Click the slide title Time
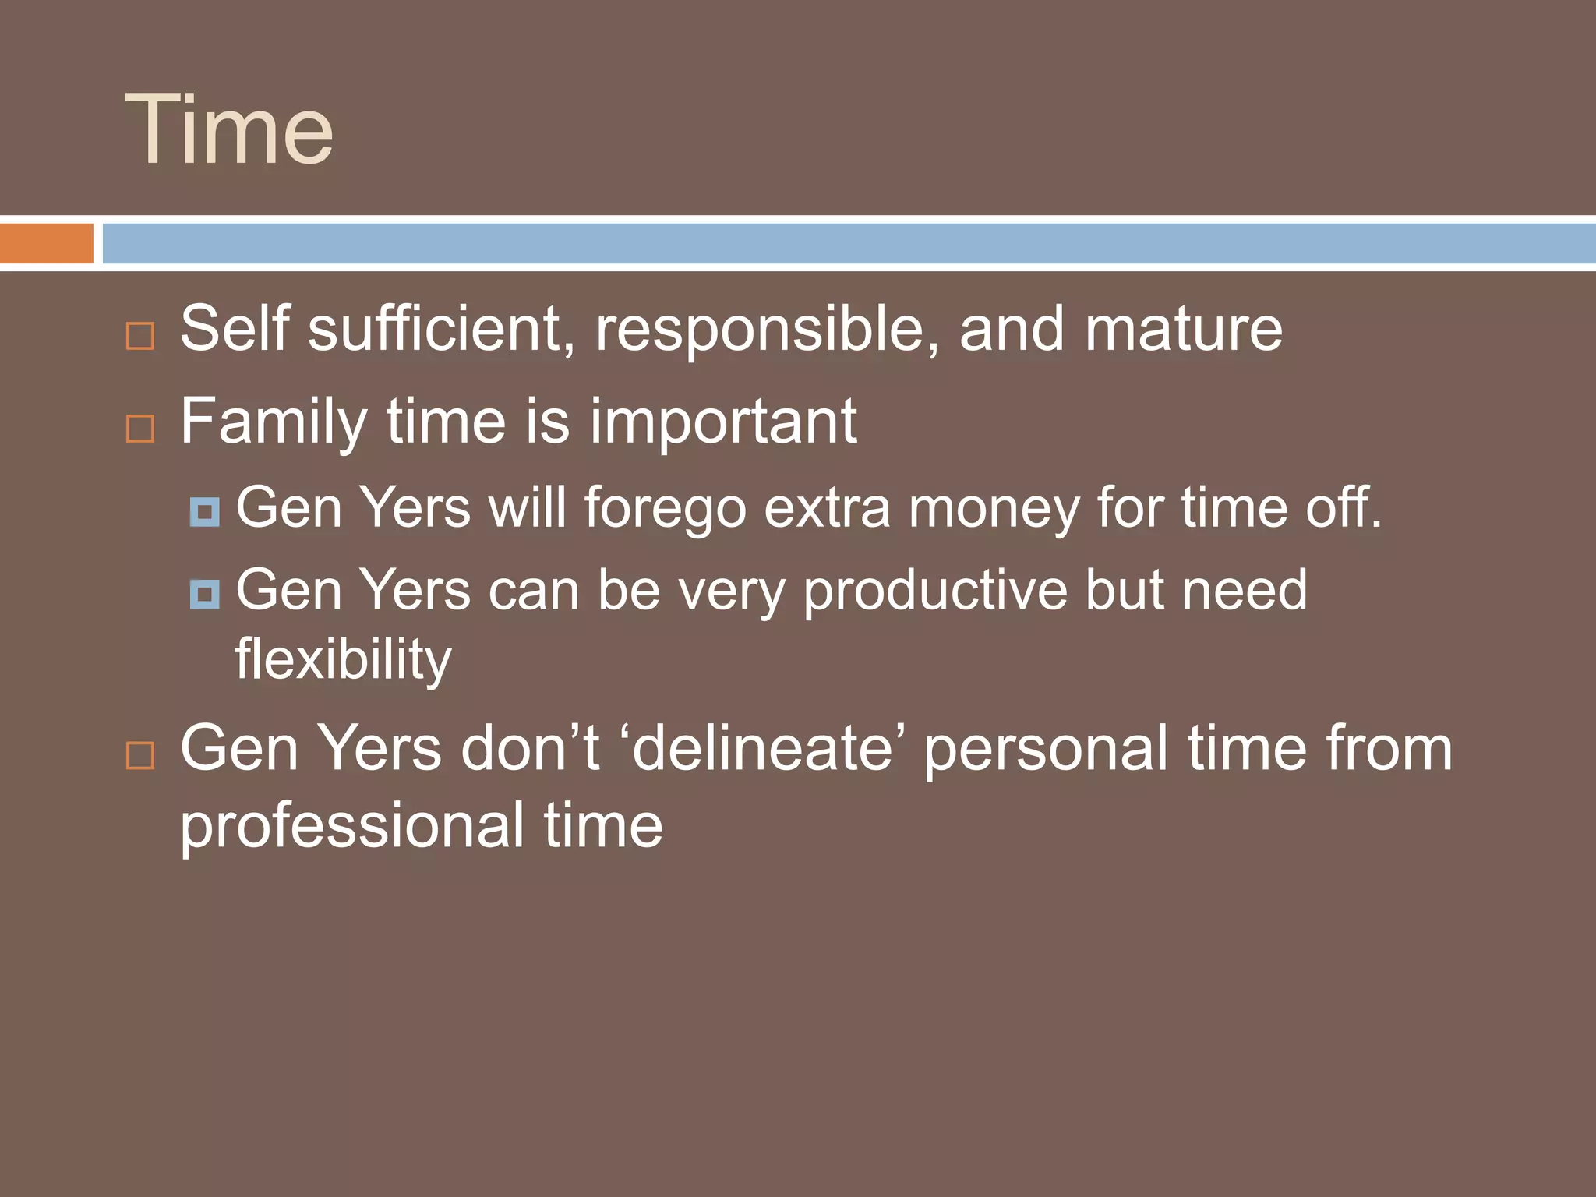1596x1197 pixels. point(229,129)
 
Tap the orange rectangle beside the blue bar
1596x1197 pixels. point(46,243)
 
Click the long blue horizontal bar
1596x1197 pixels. point(848,243)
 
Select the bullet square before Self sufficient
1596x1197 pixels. point(140,337)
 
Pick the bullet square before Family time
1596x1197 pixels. point(140,429)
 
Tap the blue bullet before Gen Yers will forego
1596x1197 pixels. point(205,512)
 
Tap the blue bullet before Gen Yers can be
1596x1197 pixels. point(205,595)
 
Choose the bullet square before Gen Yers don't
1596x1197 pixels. point(140,755)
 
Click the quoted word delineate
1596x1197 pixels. point(762,749)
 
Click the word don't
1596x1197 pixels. point(530,749)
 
